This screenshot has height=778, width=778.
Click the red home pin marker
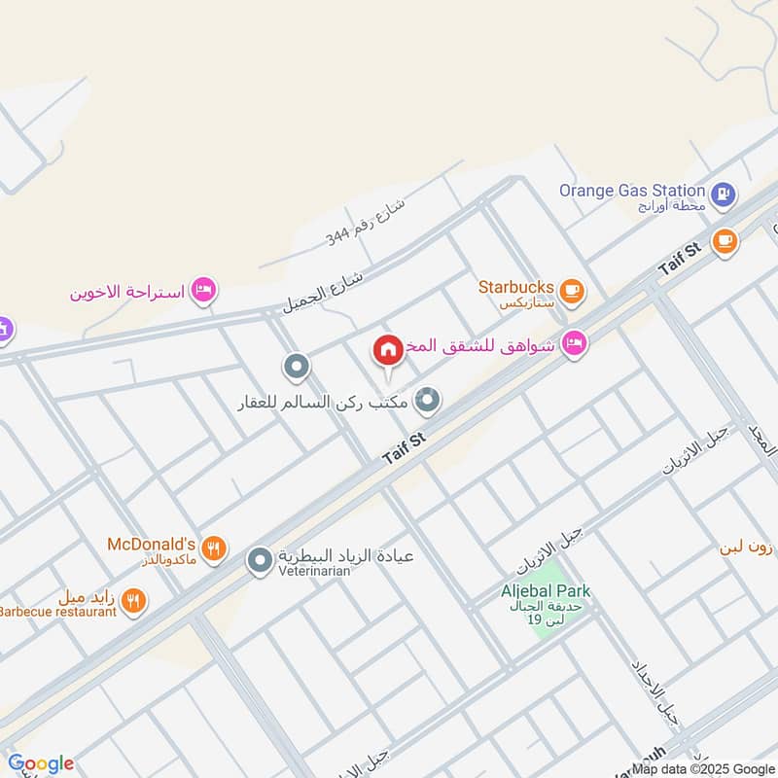pyautogui.click(x=387, y=350)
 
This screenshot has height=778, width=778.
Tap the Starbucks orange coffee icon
pyautogui.click(x=573, y=289)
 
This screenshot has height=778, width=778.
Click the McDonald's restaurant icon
pyautogui.click(x=215, y=548)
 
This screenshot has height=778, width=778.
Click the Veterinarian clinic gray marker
pyautogui.click(x=260, y=560)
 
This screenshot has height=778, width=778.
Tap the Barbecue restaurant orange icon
pyautogui.click(x=134, y=601)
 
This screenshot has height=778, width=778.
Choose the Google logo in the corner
pyautogui.click(x=41, y=763)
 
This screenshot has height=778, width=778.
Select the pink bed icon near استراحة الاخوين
pyautogui.click(x=203, y=290)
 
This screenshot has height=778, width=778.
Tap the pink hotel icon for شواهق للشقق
pyautogui.click(x=574, y=342)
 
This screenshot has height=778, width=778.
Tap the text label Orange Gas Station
pyautogui.click(x=631, y=191)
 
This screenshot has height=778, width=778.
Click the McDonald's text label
pyautogui.click(x=152, y=544)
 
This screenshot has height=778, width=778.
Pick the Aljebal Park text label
pyautogui.click(x=546, y=590)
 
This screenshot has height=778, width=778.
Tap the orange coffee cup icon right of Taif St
pyautogui.click(x=724, y=241)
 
